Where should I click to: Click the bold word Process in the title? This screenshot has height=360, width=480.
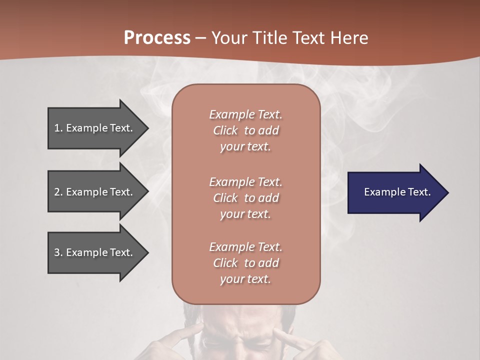point(157,38)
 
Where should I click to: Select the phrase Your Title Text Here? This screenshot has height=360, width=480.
point(289,38)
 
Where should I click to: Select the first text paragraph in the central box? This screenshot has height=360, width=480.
point(245,130)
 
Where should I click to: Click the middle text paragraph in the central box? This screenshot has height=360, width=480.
point(245,198)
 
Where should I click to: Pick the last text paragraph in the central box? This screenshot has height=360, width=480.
point(245,263)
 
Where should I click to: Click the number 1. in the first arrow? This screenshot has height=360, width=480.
point(58,128)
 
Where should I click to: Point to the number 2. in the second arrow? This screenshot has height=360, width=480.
point(58,192)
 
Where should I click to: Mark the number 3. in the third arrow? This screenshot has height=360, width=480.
point(58,252)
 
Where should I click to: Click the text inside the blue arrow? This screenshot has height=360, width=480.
point(397,192)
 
